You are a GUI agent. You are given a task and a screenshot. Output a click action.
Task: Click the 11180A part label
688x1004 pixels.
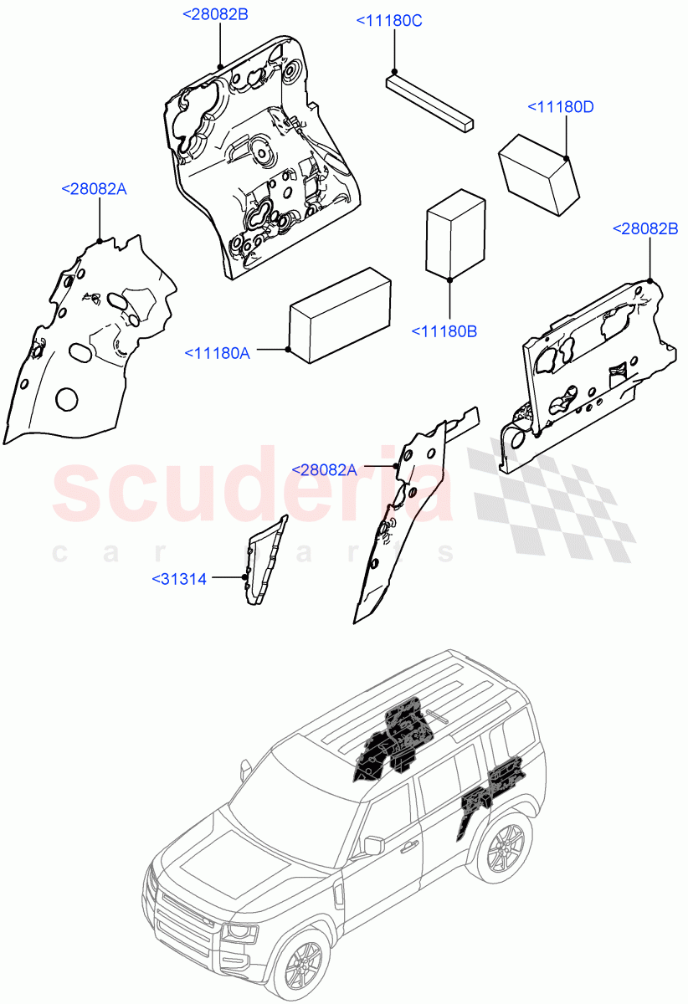[217, 354]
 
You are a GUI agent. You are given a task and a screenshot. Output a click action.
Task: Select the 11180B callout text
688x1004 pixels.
[444, 332]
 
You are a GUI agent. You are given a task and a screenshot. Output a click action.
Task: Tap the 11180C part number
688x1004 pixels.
[389, 22]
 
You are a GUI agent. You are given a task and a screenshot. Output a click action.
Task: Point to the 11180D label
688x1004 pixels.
[560, 107]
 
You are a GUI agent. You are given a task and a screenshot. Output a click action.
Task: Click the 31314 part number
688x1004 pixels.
[179, 578]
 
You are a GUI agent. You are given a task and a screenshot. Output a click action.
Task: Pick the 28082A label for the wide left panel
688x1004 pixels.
[94, 190]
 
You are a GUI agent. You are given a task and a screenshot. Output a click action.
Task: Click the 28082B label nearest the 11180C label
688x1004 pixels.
[215, 14]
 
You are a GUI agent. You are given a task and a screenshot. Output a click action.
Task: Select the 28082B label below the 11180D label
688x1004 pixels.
[645, 228]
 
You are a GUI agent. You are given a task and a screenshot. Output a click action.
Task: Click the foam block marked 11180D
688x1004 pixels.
[540, 177]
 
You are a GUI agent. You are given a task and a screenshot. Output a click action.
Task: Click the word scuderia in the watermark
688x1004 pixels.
[251, 494]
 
